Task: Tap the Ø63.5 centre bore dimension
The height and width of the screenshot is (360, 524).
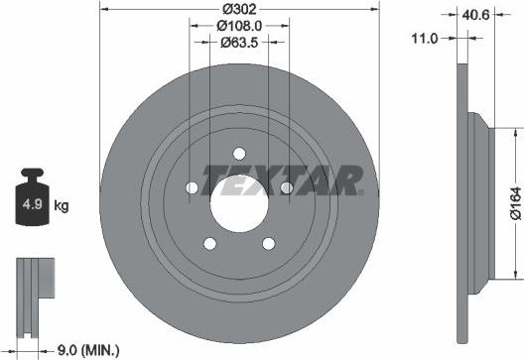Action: point(240,45)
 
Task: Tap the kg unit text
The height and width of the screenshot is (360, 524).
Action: point(61,206)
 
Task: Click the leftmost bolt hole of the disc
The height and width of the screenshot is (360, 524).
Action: point(193,186)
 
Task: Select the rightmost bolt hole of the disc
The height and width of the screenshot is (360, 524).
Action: point(286,186)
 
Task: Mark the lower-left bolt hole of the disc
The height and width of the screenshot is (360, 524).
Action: point(210,243)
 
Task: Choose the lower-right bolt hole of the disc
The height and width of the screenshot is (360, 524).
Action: point(268,243)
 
